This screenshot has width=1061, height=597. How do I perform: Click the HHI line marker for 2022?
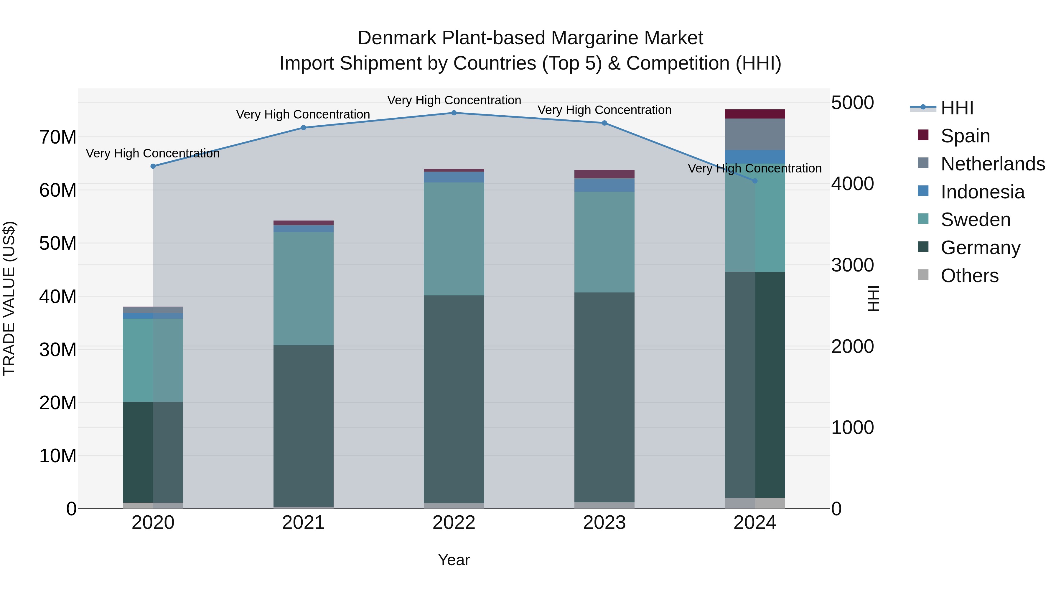point(454,113)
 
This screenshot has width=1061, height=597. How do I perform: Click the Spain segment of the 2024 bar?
point(755,114)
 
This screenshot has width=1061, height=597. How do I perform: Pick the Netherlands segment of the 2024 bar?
point(755,134)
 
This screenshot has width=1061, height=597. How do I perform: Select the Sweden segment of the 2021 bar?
point(304,288)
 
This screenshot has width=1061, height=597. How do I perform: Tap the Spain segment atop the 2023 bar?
point(604,174)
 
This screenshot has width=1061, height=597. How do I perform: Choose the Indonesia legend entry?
point(982,192)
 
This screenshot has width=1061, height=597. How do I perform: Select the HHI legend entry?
point(957,108)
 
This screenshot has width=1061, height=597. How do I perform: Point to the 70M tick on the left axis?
point(58,137)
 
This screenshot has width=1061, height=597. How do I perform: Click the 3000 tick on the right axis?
point(852,265)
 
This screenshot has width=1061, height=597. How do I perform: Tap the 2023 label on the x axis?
point(604,523)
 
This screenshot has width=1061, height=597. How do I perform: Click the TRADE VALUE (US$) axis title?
point(9,298)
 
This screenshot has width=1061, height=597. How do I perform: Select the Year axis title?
point(454,560)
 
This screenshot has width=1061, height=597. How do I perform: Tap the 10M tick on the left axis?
point(58,456)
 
